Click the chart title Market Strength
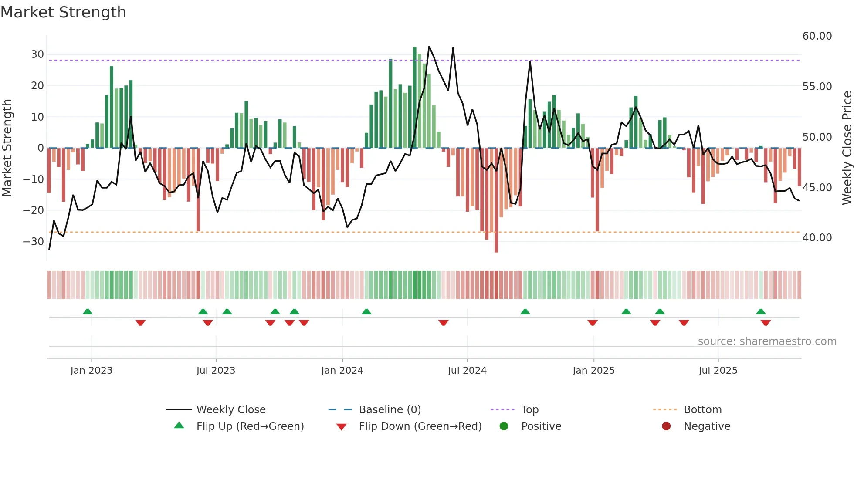click(63, 12)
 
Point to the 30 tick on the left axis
click(37, 54)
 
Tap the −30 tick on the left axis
click(34, 241)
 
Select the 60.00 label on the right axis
click(817, 36)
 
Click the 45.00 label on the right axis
click(817, 187)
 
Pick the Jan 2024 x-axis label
click(342, 371)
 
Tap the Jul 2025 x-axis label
click(718, 371)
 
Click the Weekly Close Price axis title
click(847, 148)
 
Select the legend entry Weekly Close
click(230, 410)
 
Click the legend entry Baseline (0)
click(390, 410)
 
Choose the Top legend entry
click(530, 410)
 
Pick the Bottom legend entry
click(702, 410)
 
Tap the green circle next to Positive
click(504, 426)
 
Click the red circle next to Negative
click(666, 426)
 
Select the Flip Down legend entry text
click(420, 426)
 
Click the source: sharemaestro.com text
click(767, 341)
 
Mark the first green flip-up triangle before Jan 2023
click(88, 312)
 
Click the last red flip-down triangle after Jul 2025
click(766, 323)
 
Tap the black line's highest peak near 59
click(429, 47)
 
